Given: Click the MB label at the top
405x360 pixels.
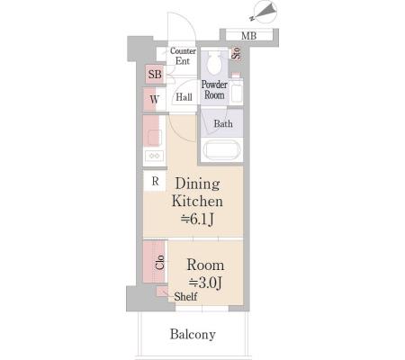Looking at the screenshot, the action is point(248,36).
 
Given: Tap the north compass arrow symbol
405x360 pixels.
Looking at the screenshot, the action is point(265,11).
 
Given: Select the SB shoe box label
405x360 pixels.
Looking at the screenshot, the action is point(155,74).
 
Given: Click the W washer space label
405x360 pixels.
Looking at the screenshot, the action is point(154,99).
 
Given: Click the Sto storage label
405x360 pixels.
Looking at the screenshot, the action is point(237,53).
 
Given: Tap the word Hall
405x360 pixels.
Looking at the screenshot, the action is point(184,97).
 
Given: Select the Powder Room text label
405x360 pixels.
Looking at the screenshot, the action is point(214,90).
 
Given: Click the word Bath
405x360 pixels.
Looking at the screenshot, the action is point(223,123).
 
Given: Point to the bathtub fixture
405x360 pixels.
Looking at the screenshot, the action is point(221,150).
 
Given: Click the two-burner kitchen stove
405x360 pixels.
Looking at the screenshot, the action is point(155,156).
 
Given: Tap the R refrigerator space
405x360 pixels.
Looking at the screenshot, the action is point(155,181).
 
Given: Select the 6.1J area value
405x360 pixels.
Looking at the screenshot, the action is point(197,220).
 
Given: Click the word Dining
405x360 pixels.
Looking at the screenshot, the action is point(197,184).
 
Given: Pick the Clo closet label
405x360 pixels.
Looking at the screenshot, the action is point(160,262).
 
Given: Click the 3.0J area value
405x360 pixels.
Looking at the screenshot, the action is point(205,283).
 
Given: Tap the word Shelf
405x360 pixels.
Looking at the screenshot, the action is point(185,297).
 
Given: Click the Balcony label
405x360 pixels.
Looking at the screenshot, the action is point(193,334).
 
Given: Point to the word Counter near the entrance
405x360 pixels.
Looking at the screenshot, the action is point(183,51).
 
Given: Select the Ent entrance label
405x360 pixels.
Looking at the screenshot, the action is point(183,61).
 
